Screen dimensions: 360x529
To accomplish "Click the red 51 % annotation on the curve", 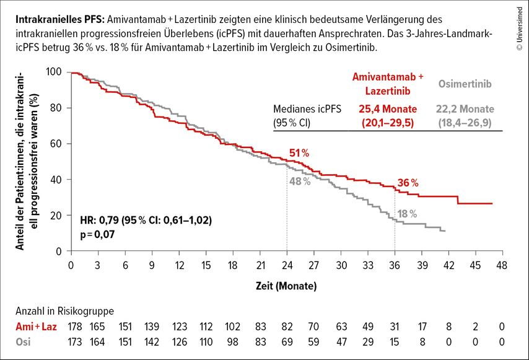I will (299, 153).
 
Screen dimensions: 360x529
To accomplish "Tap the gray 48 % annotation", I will (299, 182).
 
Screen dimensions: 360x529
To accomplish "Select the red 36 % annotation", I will (408, 183).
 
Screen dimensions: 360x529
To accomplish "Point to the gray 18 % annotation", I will (407, 214).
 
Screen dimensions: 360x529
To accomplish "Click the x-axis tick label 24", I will (287, 265).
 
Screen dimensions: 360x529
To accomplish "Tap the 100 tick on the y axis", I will (55, 72).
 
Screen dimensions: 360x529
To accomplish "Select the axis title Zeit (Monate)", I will (287, 286).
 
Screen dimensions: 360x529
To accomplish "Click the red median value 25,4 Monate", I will (388, 109).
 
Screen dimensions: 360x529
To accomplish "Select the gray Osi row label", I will (22, 341).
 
